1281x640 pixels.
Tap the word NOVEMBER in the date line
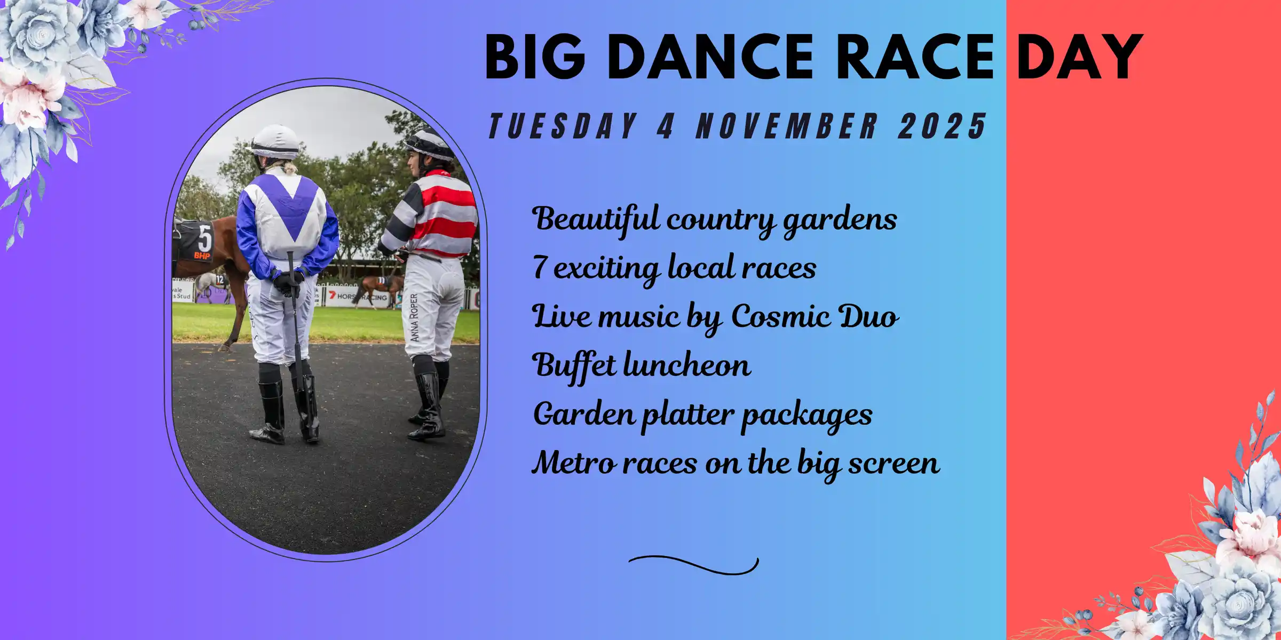(787, 126)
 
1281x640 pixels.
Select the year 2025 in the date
(942, 126)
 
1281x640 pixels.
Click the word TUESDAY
(564, 126)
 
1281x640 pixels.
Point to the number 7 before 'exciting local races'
(540, 267)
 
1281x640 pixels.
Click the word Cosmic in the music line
(779, 316)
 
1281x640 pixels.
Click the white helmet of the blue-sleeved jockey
(275, 141)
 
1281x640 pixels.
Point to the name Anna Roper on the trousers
(414, 318)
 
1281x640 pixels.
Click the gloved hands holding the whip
(288, 283)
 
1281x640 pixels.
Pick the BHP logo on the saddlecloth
(202, 255)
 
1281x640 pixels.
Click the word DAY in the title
(1080, 57)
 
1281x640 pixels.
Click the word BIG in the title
(535, 57)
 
